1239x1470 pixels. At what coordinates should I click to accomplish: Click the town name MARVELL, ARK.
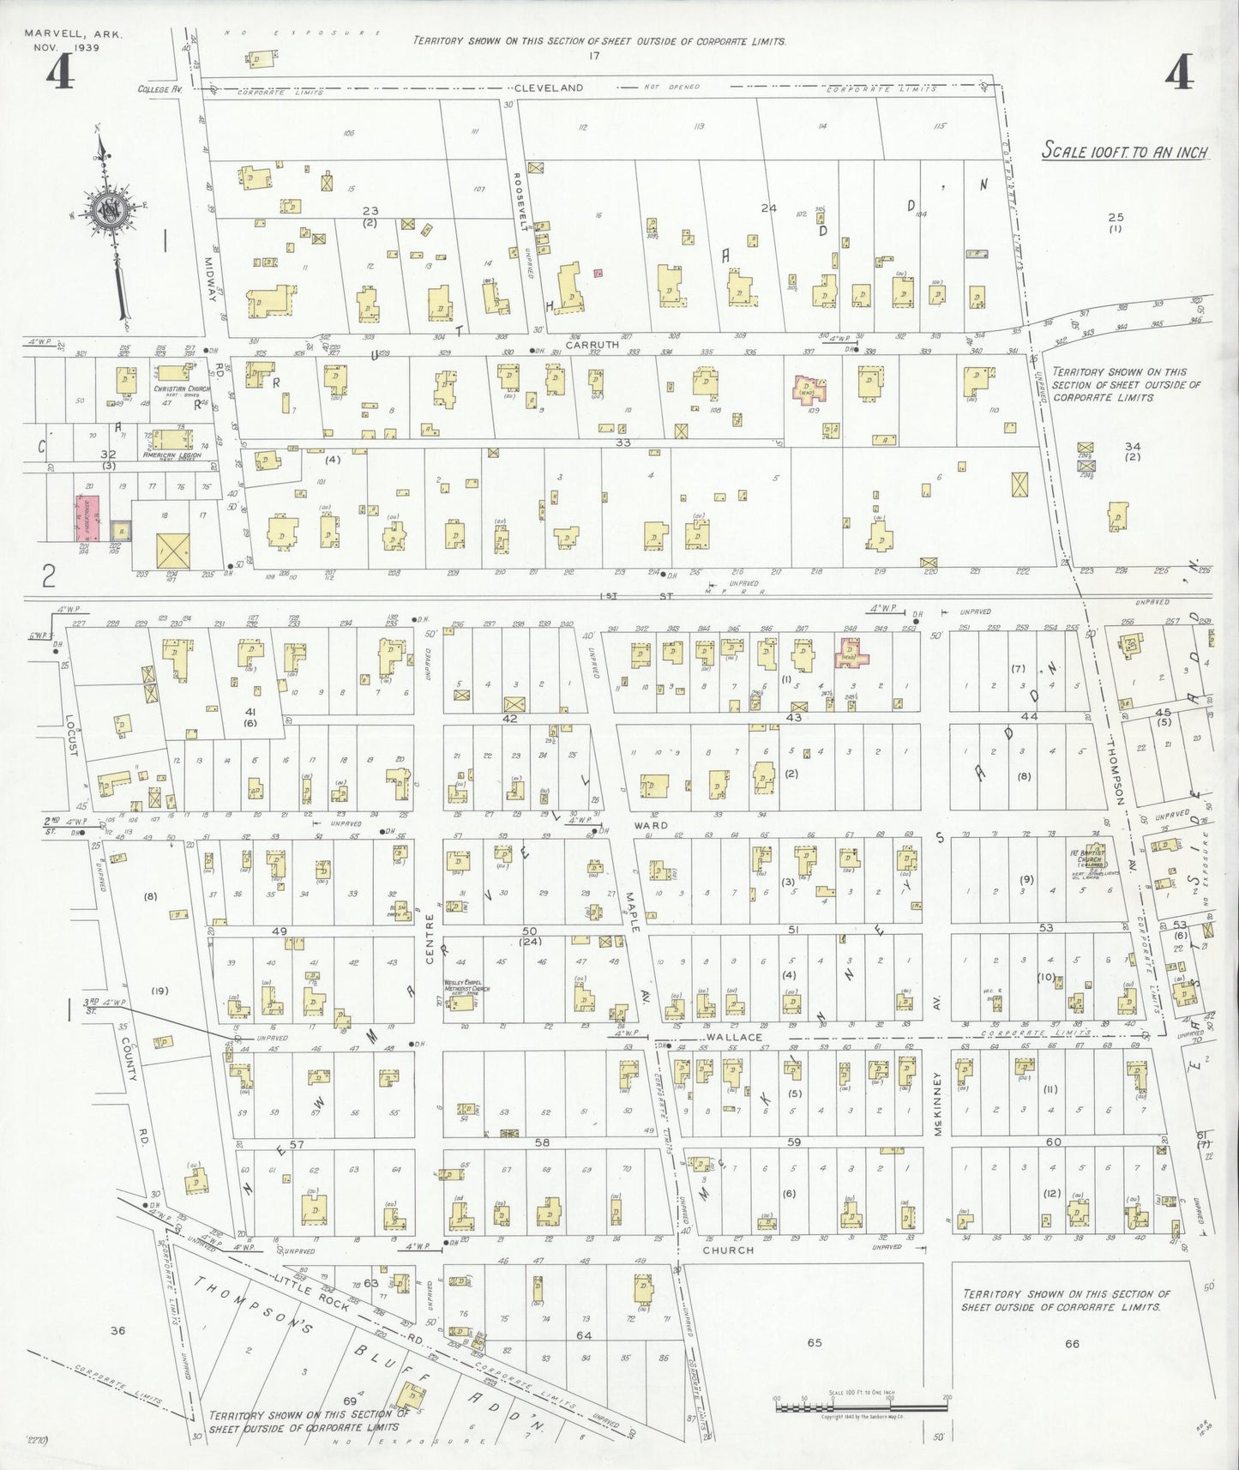point(73,34)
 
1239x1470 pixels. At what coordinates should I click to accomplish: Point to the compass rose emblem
point(111,210)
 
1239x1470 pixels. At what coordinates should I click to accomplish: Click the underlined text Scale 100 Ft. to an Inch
point(1124,153)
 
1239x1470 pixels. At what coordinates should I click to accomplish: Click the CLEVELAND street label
point(549,87)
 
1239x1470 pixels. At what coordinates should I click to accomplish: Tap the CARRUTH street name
point(586,344)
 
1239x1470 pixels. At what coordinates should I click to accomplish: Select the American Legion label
point(173,455)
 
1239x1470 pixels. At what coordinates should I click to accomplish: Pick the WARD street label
point(651,825)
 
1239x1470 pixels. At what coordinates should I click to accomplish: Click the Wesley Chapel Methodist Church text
point(466,986)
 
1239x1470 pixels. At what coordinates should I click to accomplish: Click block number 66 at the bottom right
point(1072,1343)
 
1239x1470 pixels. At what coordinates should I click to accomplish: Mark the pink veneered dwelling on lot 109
point(811,389)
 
